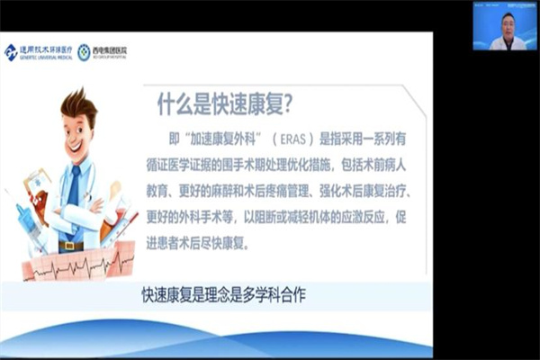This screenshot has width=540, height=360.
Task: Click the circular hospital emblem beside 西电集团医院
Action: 84,52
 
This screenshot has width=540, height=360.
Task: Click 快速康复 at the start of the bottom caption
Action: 165,294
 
